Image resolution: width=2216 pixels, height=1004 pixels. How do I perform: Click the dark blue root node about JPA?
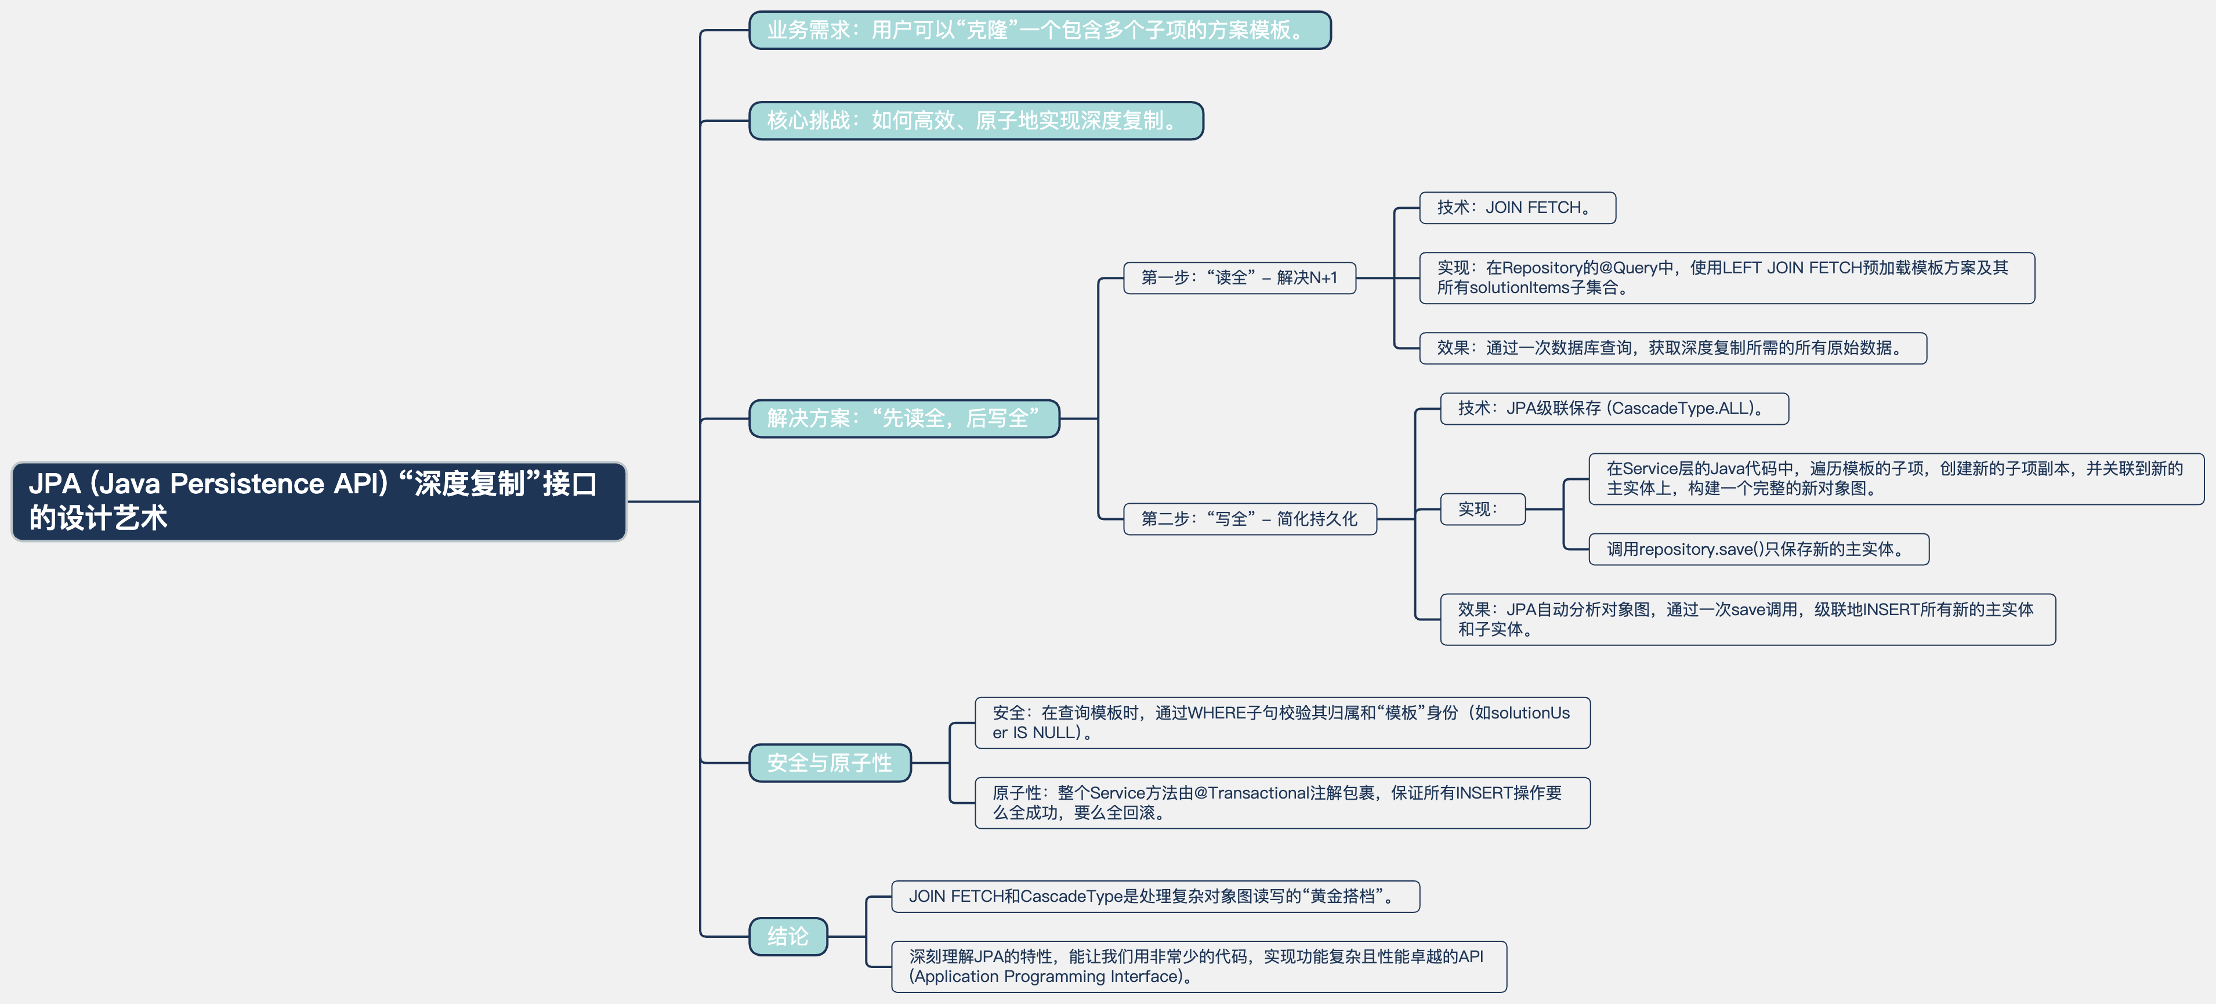(318, 501)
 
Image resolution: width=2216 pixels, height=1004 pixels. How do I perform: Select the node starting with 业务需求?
(1039, 30)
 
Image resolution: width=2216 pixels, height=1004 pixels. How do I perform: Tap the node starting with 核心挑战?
(976, 121)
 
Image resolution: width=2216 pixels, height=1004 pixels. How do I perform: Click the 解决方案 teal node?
(903, 418)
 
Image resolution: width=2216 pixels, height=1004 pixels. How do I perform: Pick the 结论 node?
(787, 936)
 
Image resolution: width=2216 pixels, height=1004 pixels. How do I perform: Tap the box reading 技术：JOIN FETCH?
(1516, 207)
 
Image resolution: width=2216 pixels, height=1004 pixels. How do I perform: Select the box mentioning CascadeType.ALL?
(1614, 409)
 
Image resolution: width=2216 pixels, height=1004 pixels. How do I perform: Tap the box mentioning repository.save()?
(1758, 549)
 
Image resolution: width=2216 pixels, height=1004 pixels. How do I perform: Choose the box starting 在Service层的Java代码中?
(1895, 478)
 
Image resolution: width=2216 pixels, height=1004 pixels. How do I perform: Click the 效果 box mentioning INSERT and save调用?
(1746, 619)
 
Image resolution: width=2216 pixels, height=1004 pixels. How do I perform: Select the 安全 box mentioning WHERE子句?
(1282, 723)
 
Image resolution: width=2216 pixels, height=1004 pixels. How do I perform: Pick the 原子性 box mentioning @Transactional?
(1282, 803)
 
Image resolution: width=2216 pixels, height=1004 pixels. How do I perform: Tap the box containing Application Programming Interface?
(1198, 966)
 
